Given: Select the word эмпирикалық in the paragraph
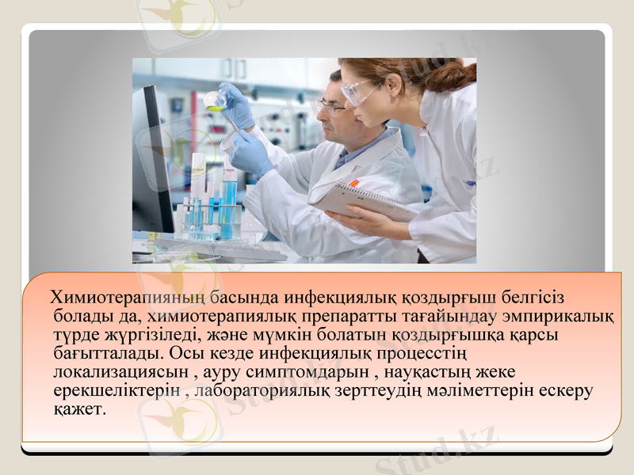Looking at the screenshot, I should point(563,317).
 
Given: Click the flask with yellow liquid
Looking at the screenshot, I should point(213,100).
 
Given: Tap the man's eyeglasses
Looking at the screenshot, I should point(331,104).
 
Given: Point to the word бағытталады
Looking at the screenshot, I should point(102,353).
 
